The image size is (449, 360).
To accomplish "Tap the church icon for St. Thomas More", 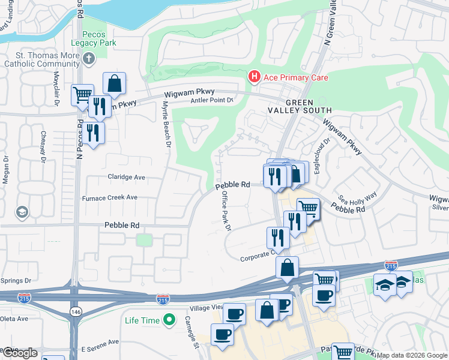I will (89, 59).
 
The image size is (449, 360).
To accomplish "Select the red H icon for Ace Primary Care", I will (255, 77).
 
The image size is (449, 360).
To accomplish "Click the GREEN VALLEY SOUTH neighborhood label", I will (308, 106).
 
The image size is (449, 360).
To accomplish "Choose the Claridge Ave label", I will (127, 178).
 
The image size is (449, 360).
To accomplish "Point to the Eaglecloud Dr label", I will (326, 150).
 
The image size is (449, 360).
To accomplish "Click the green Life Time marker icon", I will (170, 320).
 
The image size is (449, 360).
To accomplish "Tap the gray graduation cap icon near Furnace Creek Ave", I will (22, 212).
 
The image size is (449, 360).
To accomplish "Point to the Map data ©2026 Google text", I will (412, 355).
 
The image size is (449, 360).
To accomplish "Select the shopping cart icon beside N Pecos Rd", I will (82, 95).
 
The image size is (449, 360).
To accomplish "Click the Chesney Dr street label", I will (43, 146).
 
